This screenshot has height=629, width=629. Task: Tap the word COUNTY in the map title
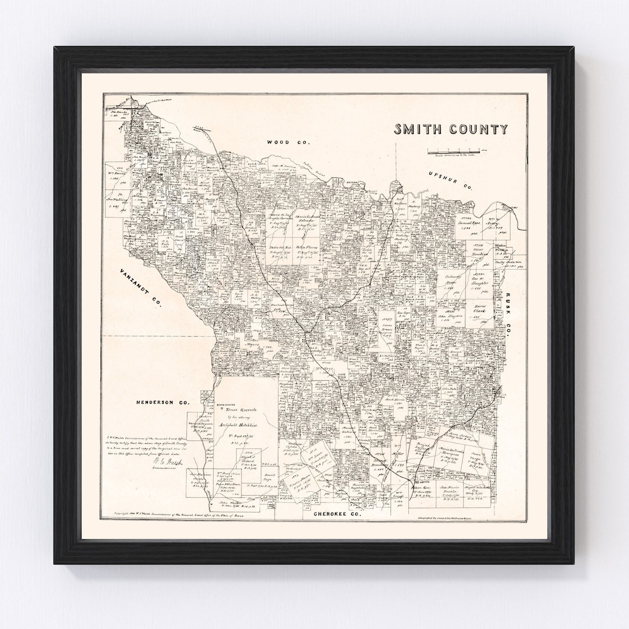pyautogui.click(x=479, y=129)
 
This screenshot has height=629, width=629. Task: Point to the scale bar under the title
pyautogui.click(x=457, y=151)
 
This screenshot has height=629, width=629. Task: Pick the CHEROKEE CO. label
pyautogui.click(x=338, y=515)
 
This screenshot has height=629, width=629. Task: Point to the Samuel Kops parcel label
pyautogui.click(x=456, y=223)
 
